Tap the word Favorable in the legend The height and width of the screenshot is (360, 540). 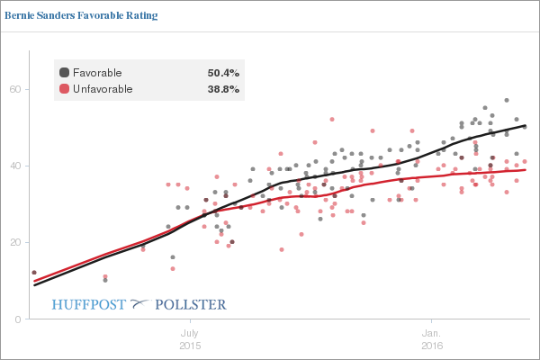97,72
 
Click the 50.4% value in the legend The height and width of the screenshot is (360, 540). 223,72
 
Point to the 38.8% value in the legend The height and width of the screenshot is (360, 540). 223,89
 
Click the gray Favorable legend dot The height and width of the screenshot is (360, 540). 64,72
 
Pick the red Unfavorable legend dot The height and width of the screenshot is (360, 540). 64,89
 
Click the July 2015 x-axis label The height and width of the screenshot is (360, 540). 191,338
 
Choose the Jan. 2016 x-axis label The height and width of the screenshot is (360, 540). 432,338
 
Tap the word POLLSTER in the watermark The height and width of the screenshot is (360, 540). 191,304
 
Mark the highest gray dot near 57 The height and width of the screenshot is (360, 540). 507,101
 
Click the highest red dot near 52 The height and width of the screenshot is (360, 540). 332,119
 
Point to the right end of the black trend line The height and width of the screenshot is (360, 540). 526,126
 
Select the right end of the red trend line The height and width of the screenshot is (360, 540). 526,170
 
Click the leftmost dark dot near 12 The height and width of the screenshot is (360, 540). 34,273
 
